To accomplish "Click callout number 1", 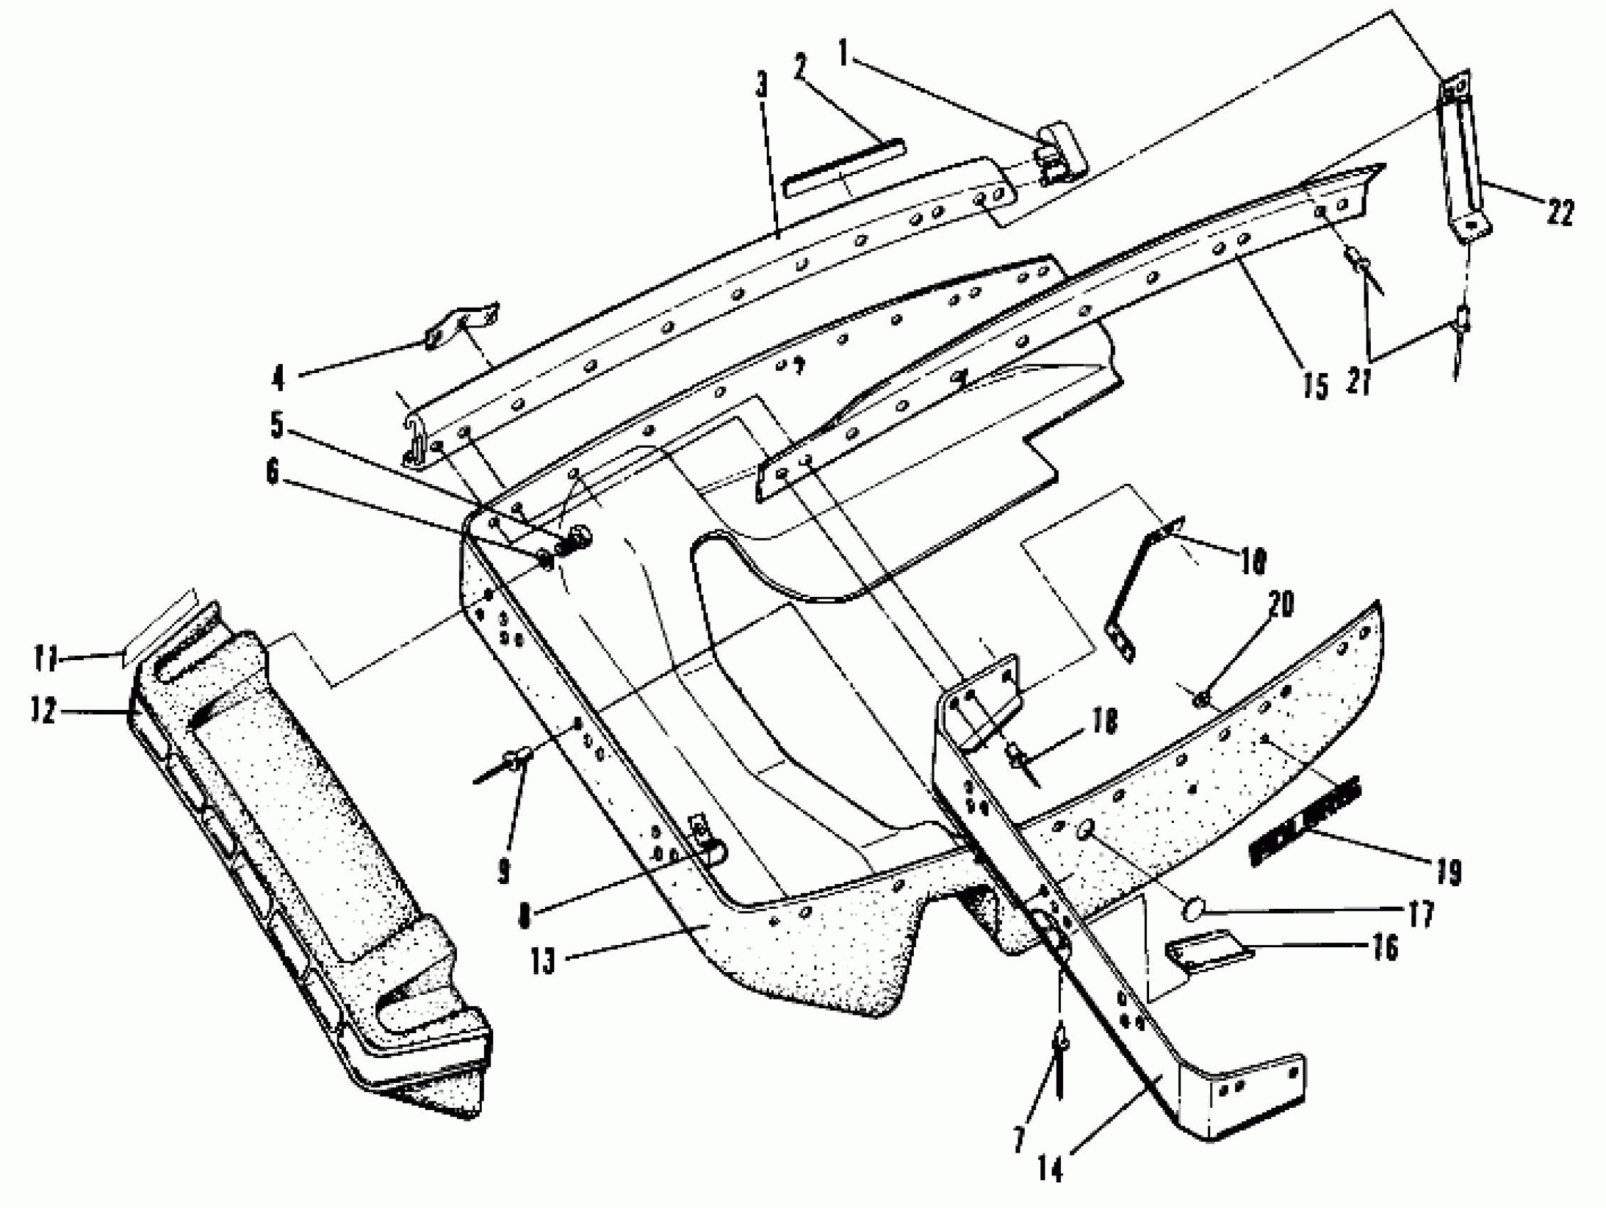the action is pos(843,53).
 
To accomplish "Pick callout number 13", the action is pos(542,962).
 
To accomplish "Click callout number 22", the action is pos(1560,213).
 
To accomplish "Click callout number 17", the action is pos(1421,914).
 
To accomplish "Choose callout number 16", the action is pos(1385,948).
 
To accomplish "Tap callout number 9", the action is pos(504,873).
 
